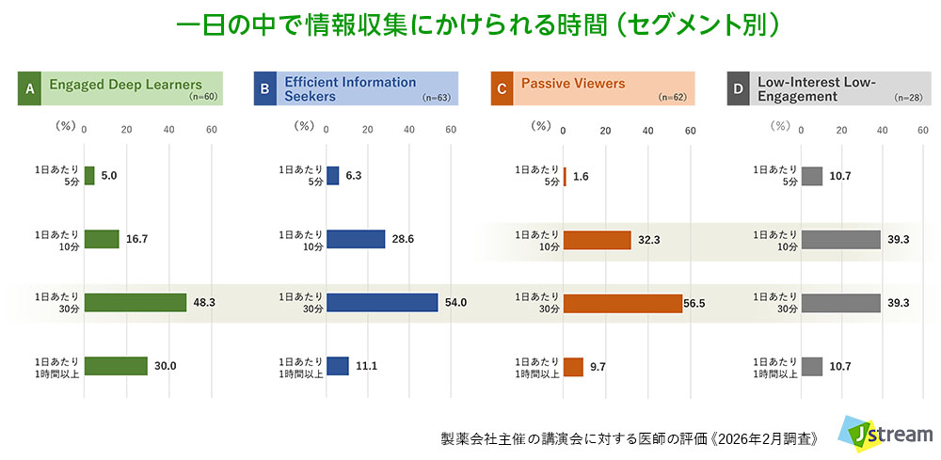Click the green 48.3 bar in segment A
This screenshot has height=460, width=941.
pos(136,302)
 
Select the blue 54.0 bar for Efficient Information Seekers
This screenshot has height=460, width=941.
pos(382,302)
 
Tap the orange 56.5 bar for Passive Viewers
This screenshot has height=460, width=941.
pos(622,303)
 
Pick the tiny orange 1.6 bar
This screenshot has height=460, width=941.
pos(565,176)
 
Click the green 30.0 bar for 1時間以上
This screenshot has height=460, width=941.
pos(116,366)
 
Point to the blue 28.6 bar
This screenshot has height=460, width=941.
pos(356,239)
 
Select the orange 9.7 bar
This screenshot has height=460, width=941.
pos(573,366)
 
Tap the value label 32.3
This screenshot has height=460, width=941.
pos(649,240)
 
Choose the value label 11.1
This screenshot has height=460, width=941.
pos(368,366)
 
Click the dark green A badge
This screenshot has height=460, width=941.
pos(29,89)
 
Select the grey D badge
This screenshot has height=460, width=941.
pos(739,89)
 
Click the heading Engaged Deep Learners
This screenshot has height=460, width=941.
pos(125,85)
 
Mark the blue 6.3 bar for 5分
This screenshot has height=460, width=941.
pos(332,176)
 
